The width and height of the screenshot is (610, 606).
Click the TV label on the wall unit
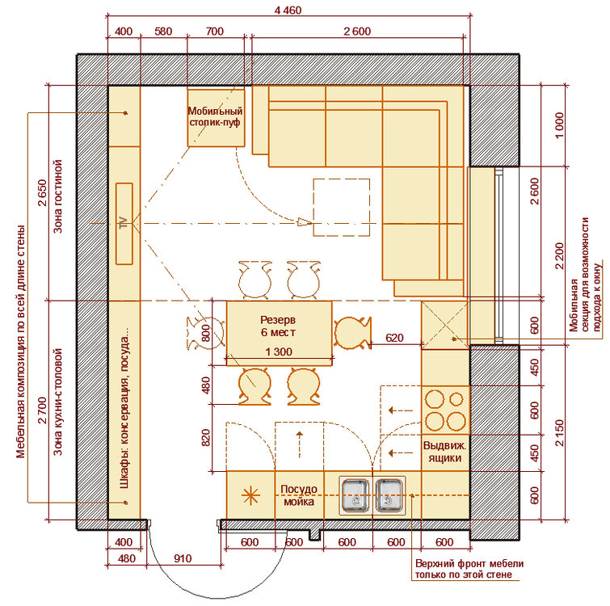click(124, 223)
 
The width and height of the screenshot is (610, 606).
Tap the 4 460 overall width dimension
click(288, 11)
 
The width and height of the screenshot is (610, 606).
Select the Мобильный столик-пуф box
click(216, 118)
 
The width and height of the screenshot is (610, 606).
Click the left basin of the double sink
click(355, 494)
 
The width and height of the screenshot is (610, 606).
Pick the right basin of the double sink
click(389, 494)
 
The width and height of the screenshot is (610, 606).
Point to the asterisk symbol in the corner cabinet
click(250, 495)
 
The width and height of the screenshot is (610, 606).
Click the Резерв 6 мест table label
click(278, 326)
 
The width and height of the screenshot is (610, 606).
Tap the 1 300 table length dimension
click(279, 352)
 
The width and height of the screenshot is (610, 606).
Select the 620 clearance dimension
click(394, 338)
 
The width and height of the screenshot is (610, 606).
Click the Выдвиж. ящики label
click(444, 452)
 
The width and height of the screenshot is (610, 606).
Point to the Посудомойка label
click(299, 495)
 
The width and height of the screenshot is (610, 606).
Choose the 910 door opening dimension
click(183, 558)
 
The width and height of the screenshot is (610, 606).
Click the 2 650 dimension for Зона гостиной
click(42, 193)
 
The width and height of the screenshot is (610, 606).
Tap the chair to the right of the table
click(352, 333)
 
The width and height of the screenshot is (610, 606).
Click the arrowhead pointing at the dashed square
click(305, 223)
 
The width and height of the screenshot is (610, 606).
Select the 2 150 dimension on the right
click(559, 432)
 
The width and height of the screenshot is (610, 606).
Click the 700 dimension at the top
click(215, 32)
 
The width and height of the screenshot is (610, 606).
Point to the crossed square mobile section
click(444, 325)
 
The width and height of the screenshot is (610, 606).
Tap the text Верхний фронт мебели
click(469, 564)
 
